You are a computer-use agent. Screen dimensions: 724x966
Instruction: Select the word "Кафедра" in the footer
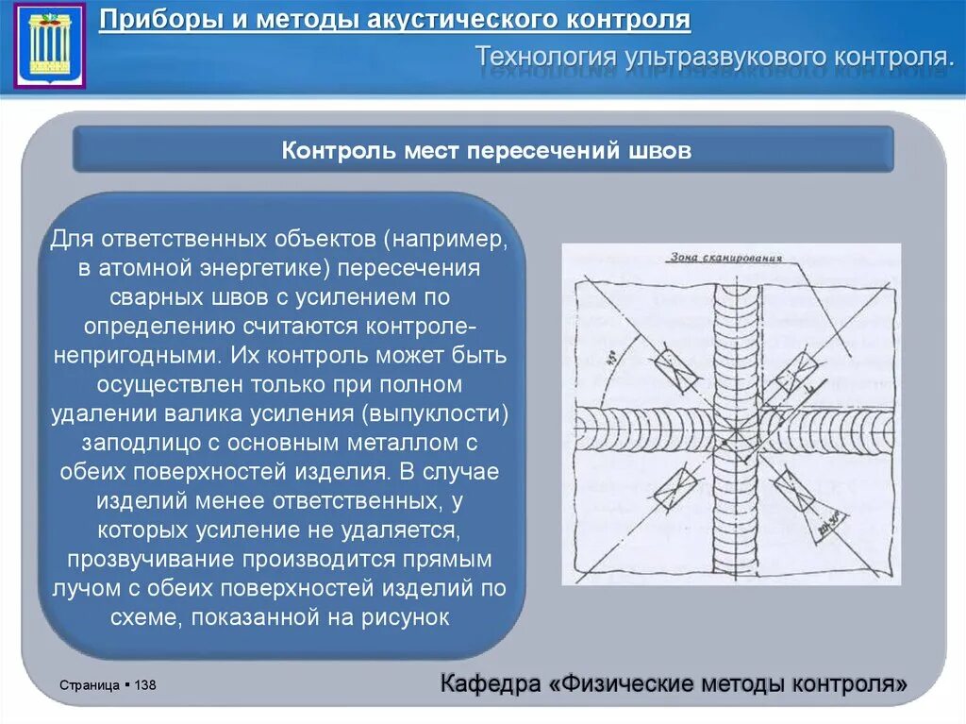pyautogui.click(x=488, y=682)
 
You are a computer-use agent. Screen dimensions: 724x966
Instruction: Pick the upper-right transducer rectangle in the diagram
pyautogui.click(x=791, y=372)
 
